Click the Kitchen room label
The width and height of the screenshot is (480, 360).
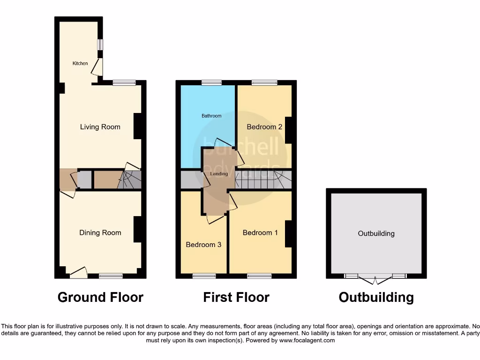tap(80, 63)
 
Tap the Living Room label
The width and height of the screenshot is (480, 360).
tap(100, 127)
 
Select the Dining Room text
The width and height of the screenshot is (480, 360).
tap(100, 232)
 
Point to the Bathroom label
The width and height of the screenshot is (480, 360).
tap(211, 116)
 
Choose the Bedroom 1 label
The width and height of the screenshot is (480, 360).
tap(260, 232)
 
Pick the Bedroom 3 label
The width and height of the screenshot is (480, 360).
tap(203, 244)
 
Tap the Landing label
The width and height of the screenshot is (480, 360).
tap(219, 174)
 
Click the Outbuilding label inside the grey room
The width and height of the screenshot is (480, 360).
tap(376, 233)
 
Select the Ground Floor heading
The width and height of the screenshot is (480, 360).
tap(100, 297)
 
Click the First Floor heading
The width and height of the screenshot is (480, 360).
tap(236, 297)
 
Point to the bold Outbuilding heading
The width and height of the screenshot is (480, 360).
tap(376, 297)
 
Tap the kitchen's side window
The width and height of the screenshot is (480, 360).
tap(100, 44)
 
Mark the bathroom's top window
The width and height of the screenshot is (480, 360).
tap(211, 83)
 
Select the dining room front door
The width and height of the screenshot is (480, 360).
tap(78, 272)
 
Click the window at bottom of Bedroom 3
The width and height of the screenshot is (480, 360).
tap(201, 276)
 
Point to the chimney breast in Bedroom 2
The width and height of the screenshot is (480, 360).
tap(288, 130)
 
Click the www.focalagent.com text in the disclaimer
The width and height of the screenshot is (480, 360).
tap(307, 340)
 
